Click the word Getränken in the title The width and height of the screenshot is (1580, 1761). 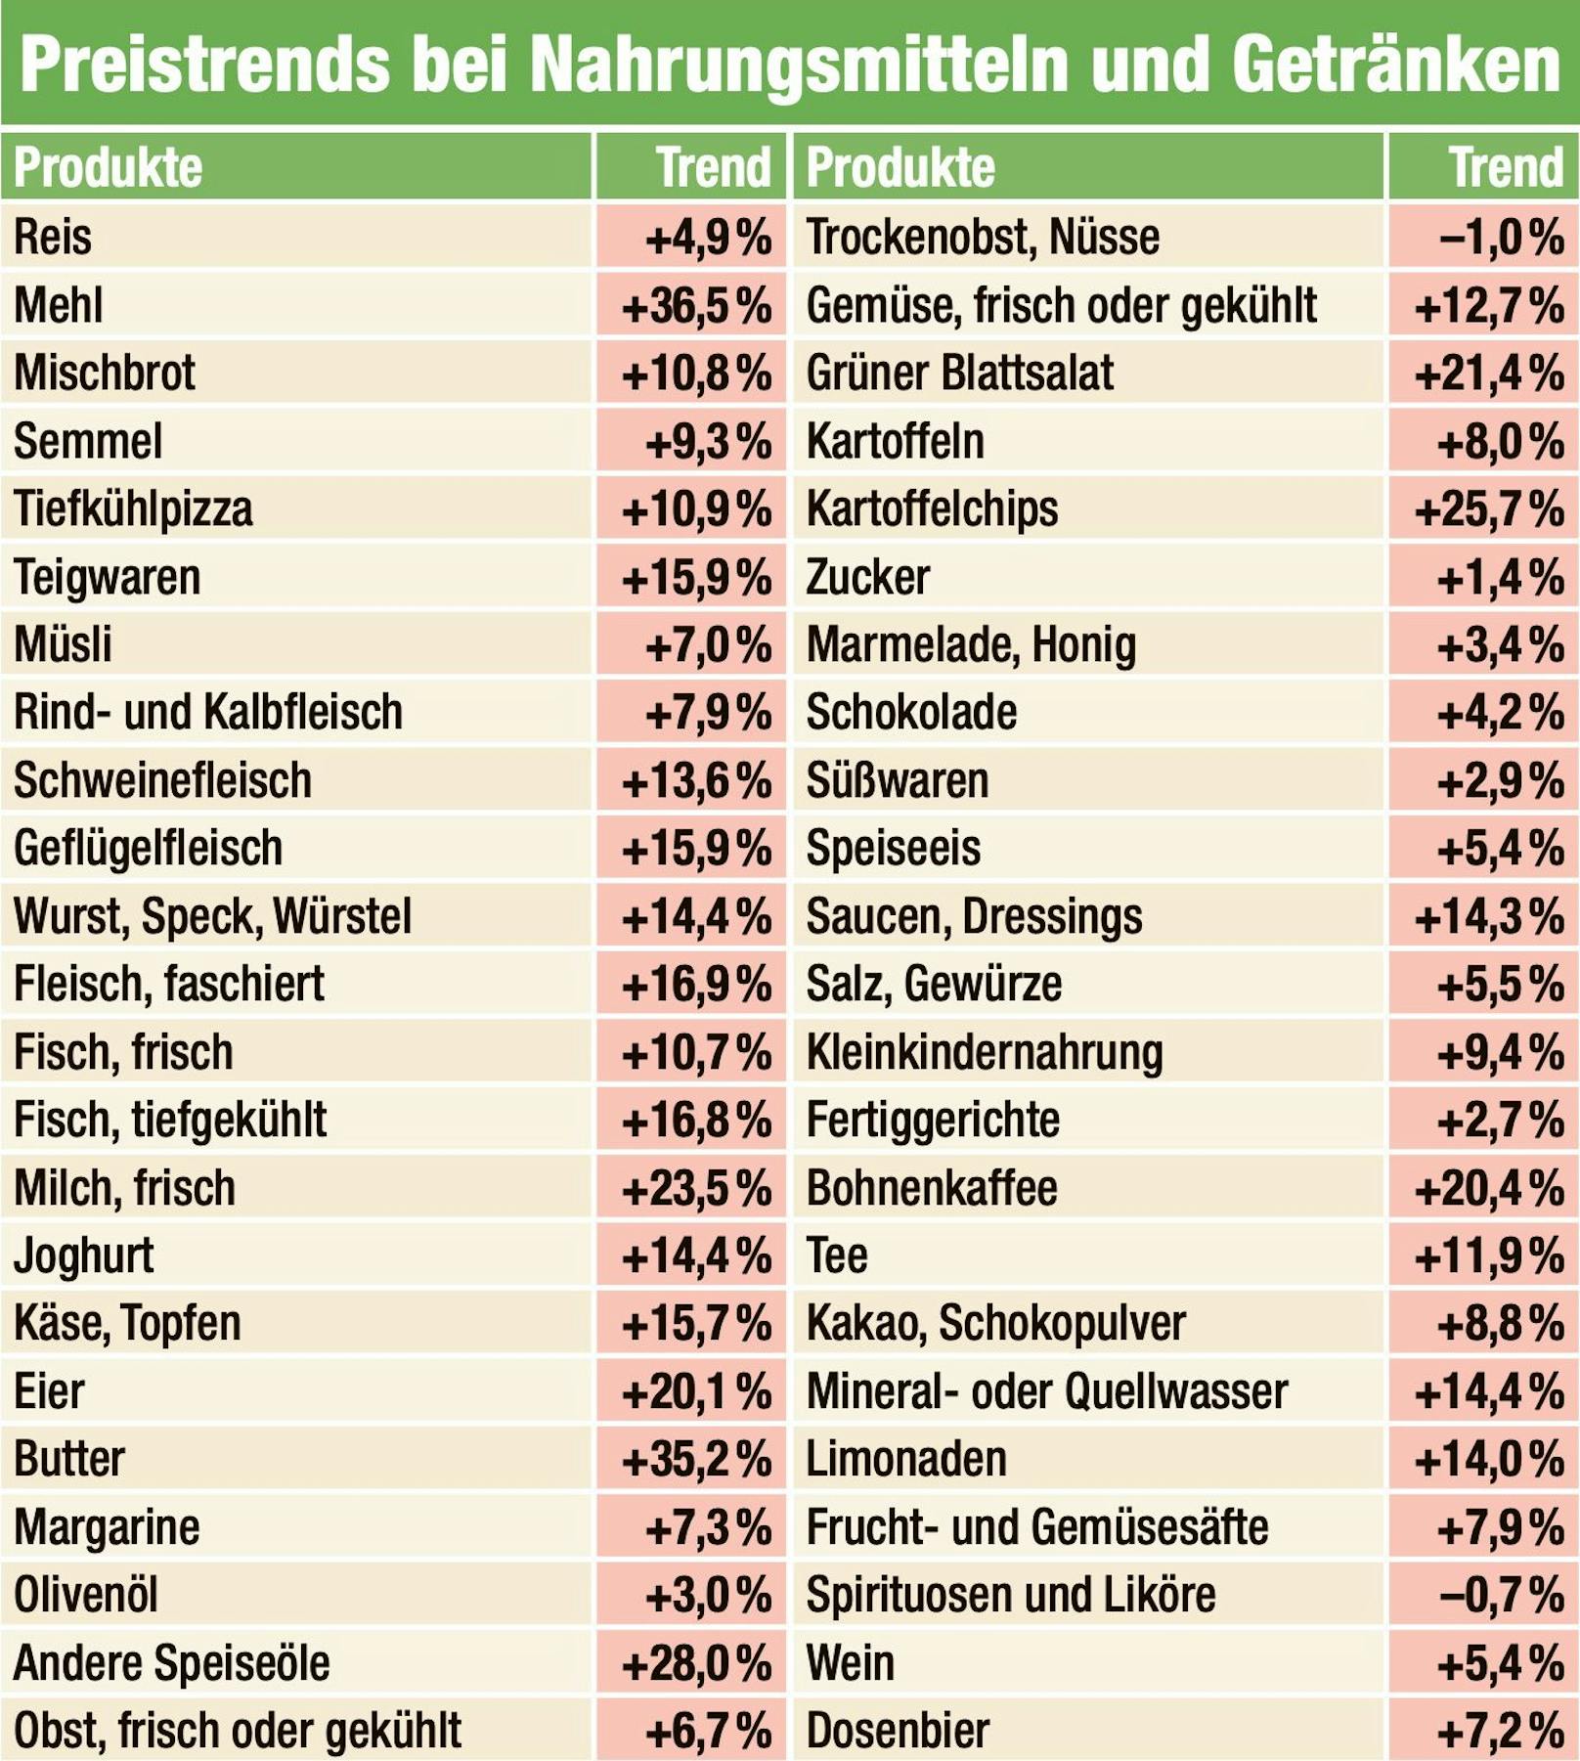click(x=1395, y=66)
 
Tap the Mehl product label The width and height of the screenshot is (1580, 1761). click(x=59, y=305)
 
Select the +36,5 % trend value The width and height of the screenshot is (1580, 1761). click(x=696, y=306)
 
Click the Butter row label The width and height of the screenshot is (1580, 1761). click(x=69, y=1459)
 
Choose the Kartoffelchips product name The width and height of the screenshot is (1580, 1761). click(x=932, y=508)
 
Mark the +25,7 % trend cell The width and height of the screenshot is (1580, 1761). click(x=1489, y=509)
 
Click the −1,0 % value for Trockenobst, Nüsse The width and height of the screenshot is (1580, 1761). click(x=1501, y=238)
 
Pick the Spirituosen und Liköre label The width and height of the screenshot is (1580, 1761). click(x=1010, y=1595)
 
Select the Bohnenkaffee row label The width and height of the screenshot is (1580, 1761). click(x=932, y=1188)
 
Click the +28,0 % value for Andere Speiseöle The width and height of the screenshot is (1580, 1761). click(x=696, y=1663)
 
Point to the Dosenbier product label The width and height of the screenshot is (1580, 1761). click(x=898, y=1731)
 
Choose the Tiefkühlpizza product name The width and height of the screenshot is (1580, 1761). click(x=133, y=508)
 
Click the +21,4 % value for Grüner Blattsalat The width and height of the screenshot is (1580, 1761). click(x=1489, y=374)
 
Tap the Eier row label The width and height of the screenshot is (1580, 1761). click(x=49, y=1391)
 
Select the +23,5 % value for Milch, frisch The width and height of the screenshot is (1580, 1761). click(x=696, y=1188)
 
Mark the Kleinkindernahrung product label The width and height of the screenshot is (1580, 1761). click(x=985, y=1052)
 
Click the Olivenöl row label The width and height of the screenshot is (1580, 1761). click(x=86, y=1595)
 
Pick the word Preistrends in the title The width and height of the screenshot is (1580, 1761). click(x=205, y=66)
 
